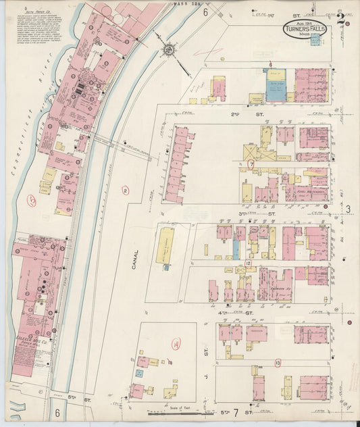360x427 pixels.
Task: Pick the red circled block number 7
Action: point(251,164)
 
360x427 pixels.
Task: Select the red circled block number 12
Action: point(248,263)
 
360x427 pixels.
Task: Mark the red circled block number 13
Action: point(278,363)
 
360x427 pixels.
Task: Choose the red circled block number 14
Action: point(176,345)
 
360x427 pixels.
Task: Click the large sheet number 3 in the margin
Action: point(349,209)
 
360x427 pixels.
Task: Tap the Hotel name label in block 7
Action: point(309,192)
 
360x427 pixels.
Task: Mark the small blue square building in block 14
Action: point(139,372)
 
